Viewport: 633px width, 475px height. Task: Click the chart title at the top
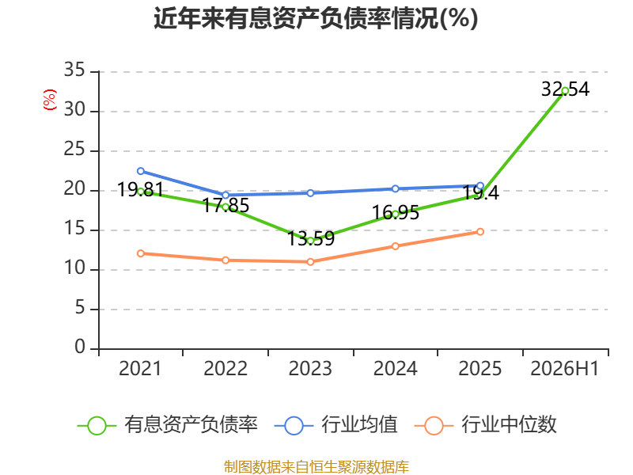316,18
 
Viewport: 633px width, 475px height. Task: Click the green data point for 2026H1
565,91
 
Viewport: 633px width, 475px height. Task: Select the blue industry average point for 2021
141,171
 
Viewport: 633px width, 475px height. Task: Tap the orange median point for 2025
480,232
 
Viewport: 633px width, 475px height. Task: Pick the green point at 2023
310,241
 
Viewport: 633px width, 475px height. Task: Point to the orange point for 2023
310,262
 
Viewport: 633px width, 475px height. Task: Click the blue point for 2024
395,188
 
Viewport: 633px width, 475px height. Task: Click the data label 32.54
565,89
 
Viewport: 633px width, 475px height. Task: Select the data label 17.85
226,205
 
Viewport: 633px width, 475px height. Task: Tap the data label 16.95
395,212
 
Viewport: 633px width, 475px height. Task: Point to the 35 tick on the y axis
74,70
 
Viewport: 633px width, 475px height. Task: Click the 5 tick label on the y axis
80,308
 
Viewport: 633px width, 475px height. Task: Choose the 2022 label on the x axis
226,368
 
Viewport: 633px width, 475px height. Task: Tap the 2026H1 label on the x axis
564,368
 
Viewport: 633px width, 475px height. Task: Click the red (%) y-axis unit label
50,100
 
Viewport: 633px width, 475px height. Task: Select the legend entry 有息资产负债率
168,425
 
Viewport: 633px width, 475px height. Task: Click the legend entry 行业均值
335,425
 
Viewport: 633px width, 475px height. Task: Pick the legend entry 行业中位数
486,425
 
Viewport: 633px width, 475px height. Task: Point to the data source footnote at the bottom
316,467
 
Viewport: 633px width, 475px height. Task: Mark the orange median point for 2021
141,253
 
